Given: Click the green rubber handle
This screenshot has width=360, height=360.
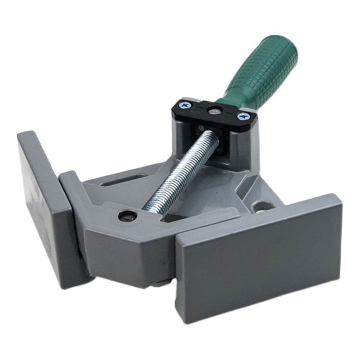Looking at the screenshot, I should coord(265,70).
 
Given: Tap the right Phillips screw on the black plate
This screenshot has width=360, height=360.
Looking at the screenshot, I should coord(243,116).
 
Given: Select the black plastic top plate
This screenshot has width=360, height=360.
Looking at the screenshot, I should coord(215,113).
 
